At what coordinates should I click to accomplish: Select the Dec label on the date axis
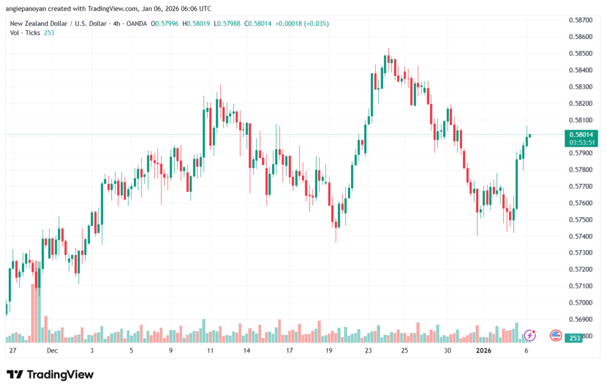point(52,350)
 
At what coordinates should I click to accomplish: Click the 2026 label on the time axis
point(484,350)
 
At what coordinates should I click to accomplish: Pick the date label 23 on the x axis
point(368,350)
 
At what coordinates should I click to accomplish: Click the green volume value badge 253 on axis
point(575,337)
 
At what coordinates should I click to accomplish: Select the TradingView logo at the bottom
point(50,374)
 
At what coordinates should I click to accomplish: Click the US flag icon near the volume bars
point(555,335)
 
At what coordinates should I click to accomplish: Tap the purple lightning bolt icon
point(530,335)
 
